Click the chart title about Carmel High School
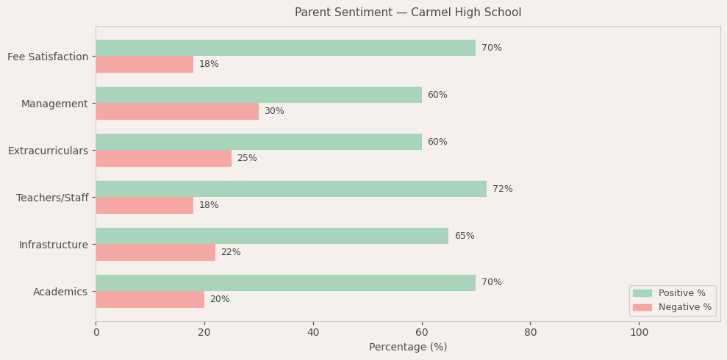coord(408,12)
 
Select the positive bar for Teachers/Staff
coord(291,189)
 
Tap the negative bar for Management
coord(177,111)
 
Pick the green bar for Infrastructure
coord(272,236)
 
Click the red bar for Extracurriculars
coord(163,158)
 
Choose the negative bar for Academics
coord(150,299)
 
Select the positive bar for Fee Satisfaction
coord(285,48)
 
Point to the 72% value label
coord(503,189)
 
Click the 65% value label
coord(465,236)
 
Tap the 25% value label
coord(247,158)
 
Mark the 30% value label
coord(274,111)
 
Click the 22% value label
coord(231,252)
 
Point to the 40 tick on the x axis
coord(313,332)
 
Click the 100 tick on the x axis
coord(639,332)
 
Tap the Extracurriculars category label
coord(48,151)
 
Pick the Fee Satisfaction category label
coord(48,57)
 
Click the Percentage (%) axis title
coord(408,347)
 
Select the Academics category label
coord(60,292)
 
